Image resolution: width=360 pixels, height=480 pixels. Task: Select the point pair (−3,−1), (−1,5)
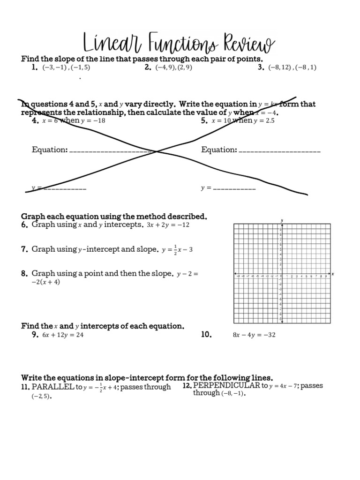pyautogui.click(x=66, y=67)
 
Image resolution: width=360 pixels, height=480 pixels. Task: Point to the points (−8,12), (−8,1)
pyautogui.click(x=292, y=67)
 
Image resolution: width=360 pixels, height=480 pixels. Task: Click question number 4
pyautogui.click(x=35, y=120)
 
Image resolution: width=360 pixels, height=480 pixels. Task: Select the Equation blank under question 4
pyautogui.click(x=112, y=150)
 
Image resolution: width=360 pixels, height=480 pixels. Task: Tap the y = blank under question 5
pyautogui.click(x=234, y=188)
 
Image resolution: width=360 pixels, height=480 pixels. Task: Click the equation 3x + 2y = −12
pyautogui.click(x=167, y=225)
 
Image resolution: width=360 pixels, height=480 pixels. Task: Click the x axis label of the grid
pyautogui.click(x=332, y=274)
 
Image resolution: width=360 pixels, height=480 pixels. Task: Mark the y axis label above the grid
pyautogui.click(x=282, y=220)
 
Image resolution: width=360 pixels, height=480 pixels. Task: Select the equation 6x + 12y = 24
pyautogui.click(x=63, y=335)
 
